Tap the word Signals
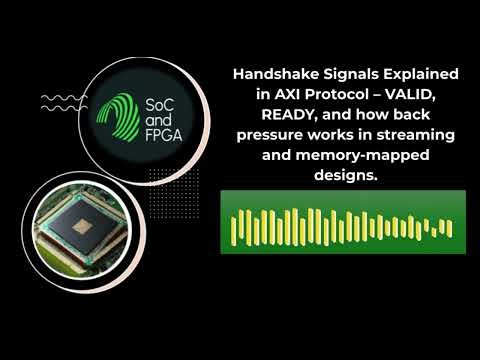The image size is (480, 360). point(342,75)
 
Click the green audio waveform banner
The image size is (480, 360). point(342,222)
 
